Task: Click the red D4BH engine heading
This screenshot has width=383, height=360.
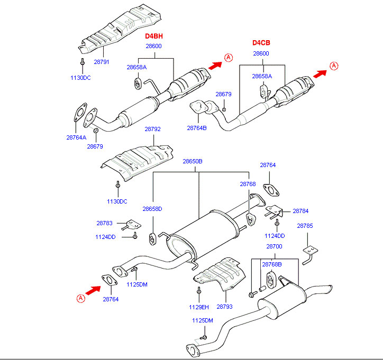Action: point(154,36)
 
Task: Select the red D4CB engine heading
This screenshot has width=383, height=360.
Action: point(261,43)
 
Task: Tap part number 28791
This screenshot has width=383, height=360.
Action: point(102,62)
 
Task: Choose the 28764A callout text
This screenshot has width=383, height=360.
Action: point(76,137)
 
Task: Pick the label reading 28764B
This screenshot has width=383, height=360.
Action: point(196,128)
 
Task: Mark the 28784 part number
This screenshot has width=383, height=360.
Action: point(300,211)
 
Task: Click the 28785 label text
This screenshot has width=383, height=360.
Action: point(305,226)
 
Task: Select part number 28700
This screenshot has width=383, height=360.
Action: point(274,247)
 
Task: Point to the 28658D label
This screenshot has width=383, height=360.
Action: point(152,209)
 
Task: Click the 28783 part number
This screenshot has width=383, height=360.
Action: point(104,223)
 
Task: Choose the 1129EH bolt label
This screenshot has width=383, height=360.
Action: point(199,307)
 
